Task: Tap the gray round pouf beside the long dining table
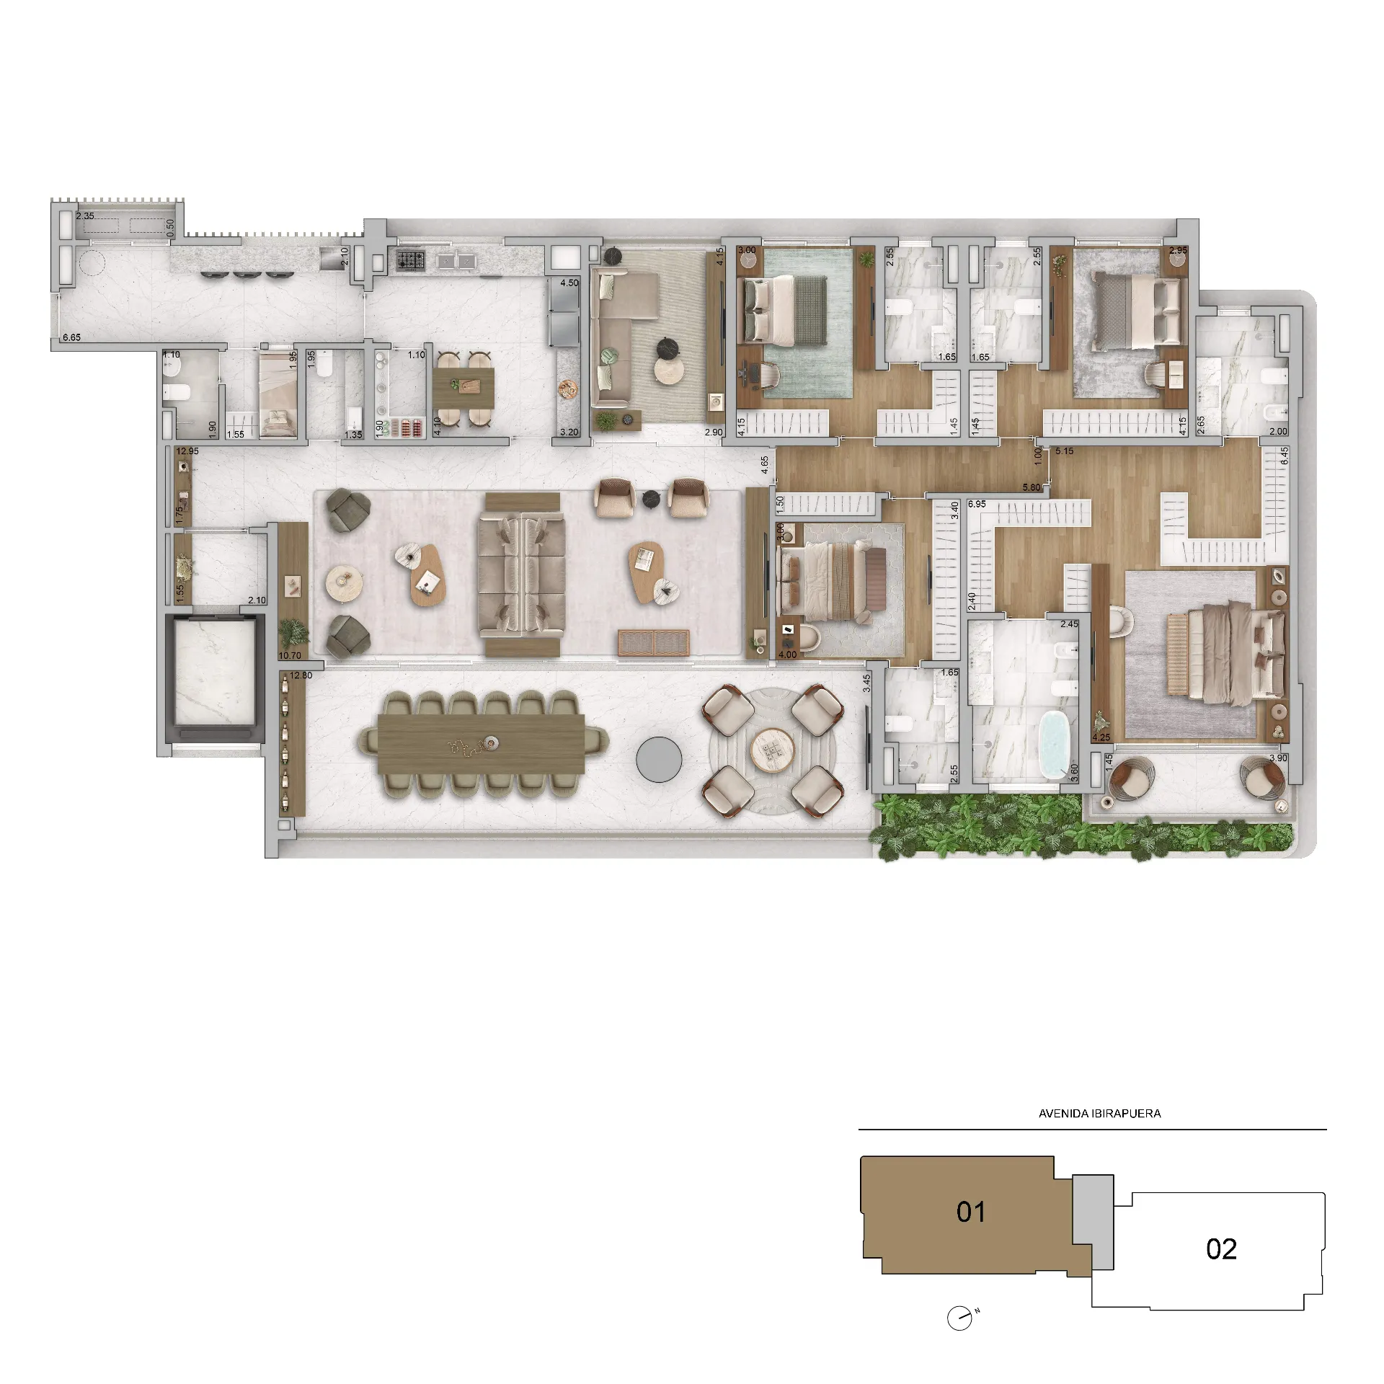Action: click(x=659, y=760)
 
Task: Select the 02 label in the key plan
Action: click(x=1221, y=1249)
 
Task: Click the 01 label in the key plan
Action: click(x=971, y=1212)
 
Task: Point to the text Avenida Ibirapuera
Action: click(x=1099, y=1114)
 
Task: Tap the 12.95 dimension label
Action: click(x=187, y=451)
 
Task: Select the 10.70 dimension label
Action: click(x=290, y=656)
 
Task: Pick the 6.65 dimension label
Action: click(x=71, y=337)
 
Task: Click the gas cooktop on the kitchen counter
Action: click(x=410, y=260)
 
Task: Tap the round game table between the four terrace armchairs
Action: click(x=772, y=750)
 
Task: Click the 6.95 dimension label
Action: click(x=977, y=504)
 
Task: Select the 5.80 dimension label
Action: click(x=1032, y=487)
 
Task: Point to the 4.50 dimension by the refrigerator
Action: click(x=569, y=283)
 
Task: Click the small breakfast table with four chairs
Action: click(x=463, y=389)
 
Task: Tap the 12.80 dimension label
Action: click(x=301, y=675)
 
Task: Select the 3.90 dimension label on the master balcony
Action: click(x=1278, y=758)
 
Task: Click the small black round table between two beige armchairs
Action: click(x=651, y=496)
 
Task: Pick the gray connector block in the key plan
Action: click(x=1093, y=1223)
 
